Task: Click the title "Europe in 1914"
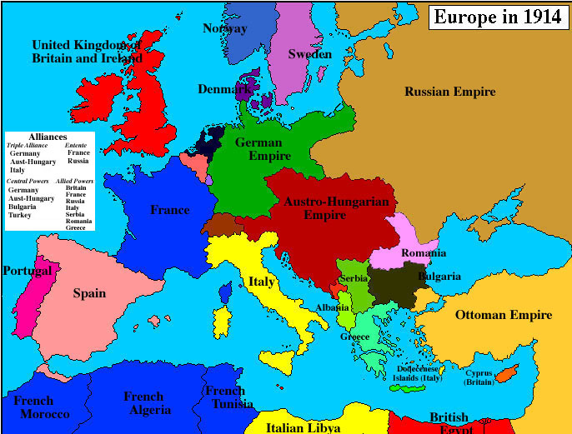pos(497,17)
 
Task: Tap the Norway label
pos(225,28)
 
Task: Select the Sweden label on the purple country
pos(309,53)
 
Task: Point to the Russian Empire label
pos(450,92)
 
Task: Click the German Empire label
pos(263,149)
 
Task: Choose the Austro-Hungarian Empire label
pos(325,208)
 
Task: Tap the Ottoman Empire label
pos(504,315)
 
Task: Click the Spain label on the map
pos(89,293)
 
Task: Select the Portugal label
pos(27,271)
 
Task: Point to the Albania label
pos(334,307)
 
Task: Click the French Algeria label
pos(147,403)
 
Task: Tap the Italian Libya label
pos(303,427)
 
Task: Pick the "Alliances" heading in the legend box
pos(48,136)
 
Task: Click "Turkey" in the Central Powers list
pos(20,215)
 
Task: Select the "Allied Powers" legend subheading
pos(74,180)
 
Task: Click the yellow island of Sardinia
pos(222,322)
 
